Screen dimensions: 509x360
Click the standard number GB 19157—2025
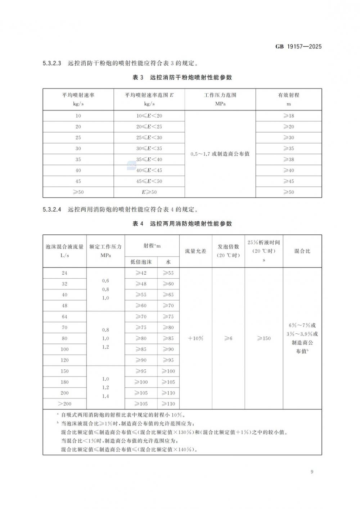click(x=298, y=46)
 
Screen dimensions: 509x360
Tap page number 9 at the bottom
click(x=312, y=472)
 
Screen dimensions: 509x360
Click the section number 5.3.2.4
click(x=52, y=210)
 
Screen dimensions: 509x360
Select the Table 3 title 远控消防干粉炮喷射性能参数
click(x=191, y=77)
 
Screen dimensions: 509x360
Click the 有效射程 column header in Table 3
click(x=289, y=95)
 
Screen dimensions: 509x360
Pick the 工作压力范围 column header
click(x=220, y=95)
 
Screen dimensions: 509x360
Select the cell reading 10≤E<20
click(x=149, y=116)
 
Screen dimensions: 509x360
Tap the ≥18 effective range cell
click(x=289, y=116)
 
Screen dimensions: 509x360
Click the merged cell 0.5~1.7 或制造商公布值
click(x=220, y=154)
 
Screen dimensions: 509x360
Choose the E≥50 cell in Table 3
click(x=149, y=192)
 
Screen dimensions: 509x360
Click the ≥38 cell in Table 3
click(x=289, y=159)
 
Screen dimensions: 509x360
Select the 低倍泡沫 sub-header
click(x=141, y=262)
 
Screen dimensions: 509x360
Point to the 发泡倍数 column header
click(x=228, y=247)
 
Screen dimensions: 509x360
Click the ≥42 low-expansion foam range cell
click(x=141, y=273)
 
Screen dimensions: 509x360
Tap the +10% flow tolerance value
click(x=196, y=338)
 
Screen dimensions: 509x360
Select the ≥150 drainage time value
click(x=264, y=338)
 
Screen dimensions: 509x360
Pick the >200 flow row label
click(x=64, y=404)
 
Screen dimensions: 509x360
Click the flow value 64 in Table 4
click(x=64, y=317)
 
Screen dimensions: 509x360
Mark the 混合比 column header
click(x=302, y=251)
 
